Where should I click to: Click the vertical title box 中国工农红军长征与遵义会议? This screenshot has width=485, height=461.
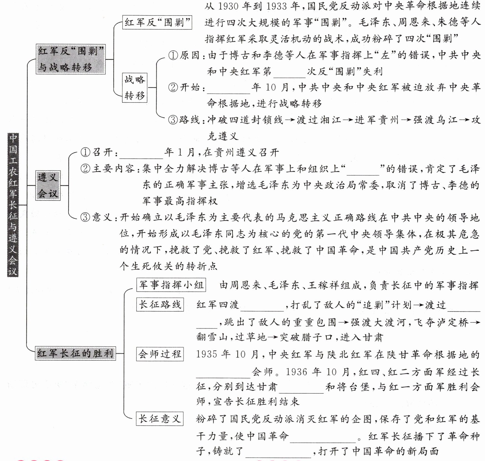(x=13, y=205)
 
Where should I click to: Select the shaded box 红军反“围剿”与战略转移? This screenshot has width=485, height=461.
(x=71, y=59)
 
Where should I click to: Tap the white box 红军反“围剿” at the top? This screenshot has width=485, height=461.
(x=157, y=22)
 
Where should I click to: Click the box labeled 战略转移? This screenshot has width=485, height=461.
(x=135, y=88)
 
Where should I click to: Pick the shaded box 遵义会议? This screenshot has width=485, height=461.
(x=48, y=185)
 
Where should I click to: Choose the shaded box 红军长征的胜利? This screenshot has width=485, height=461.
(x=75, y=353)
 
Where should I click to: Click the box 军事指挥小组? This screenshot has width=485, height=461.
(x=171, y=285)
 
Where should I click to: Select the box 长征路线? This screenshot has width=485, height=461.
(x=160, y=304)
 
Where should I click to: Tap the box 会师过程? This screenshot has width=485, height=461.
(x=160, y=354)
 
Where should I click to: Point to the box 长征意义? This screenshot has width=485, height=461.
(x=160, y=418)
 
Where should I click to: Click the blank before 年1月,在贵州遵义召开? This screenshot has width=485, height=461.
(x=141, y=153)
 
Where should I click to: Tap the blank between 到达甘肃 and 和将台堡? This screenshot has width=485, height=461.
(x=301, y=388)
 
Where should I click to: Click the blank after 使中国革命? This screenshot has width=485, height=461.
(x=323, y=437)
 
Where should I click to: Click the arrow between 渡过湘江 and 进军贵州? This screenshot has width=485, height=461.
(x=348, y=120)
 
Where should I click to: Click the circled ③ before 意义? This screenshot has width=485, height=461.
(x=85, y=217)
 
